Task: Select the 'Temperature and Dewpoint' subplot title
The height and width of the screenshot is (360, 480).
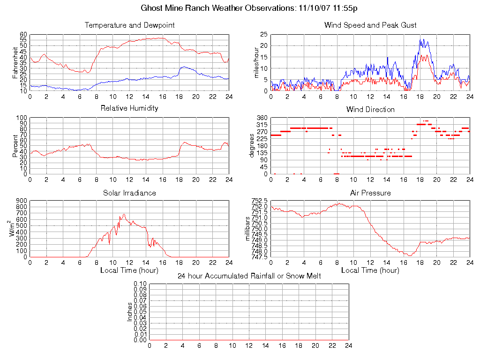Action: tap(129, 25)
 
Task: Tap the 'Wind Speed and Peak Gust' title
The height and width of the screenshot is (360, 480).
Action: tap(370, 25)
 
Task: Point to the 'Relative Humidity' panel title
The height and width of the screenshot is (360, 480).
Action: tap(129, 108)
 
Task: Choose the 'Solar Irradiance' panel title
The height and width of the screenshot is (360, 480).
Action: tap(129, 193)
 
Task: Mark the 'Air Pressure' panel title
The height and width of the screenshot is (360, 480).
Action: tap(370, 193)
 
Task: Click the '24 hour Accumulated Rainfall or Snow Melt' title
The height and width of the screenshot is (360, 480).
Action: tap(249, 276)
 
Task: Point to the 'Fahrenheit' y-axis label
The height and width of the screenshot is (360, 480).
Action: tap(15, 63)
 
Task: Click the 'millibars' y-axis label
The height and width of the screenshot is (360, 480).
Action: tap(248, 229)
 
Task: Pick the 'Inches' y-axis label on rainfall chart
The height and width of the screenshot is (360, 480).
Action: tap(130, 312)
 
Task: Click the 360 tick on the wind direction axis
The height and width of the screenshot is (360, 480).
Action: tap(262, 118)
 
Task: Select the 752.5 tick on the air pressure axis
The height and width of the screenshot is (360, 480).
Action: tap(259, 201)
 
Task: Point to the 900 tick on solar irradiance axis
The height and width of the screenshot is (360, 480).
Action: tap(22, 201)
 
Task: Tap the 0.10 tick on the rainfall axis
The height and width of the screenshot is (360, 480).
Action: tap(140, 284)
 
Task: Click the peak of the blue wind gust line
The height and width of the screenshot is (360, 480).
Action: tap(421, 39)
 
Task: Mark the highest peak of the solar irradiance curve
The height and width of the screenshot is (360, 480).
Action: tap(124, 214)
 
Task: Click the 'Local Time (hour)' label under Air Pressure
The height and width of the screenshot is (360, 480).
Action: tap(370, 270)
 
